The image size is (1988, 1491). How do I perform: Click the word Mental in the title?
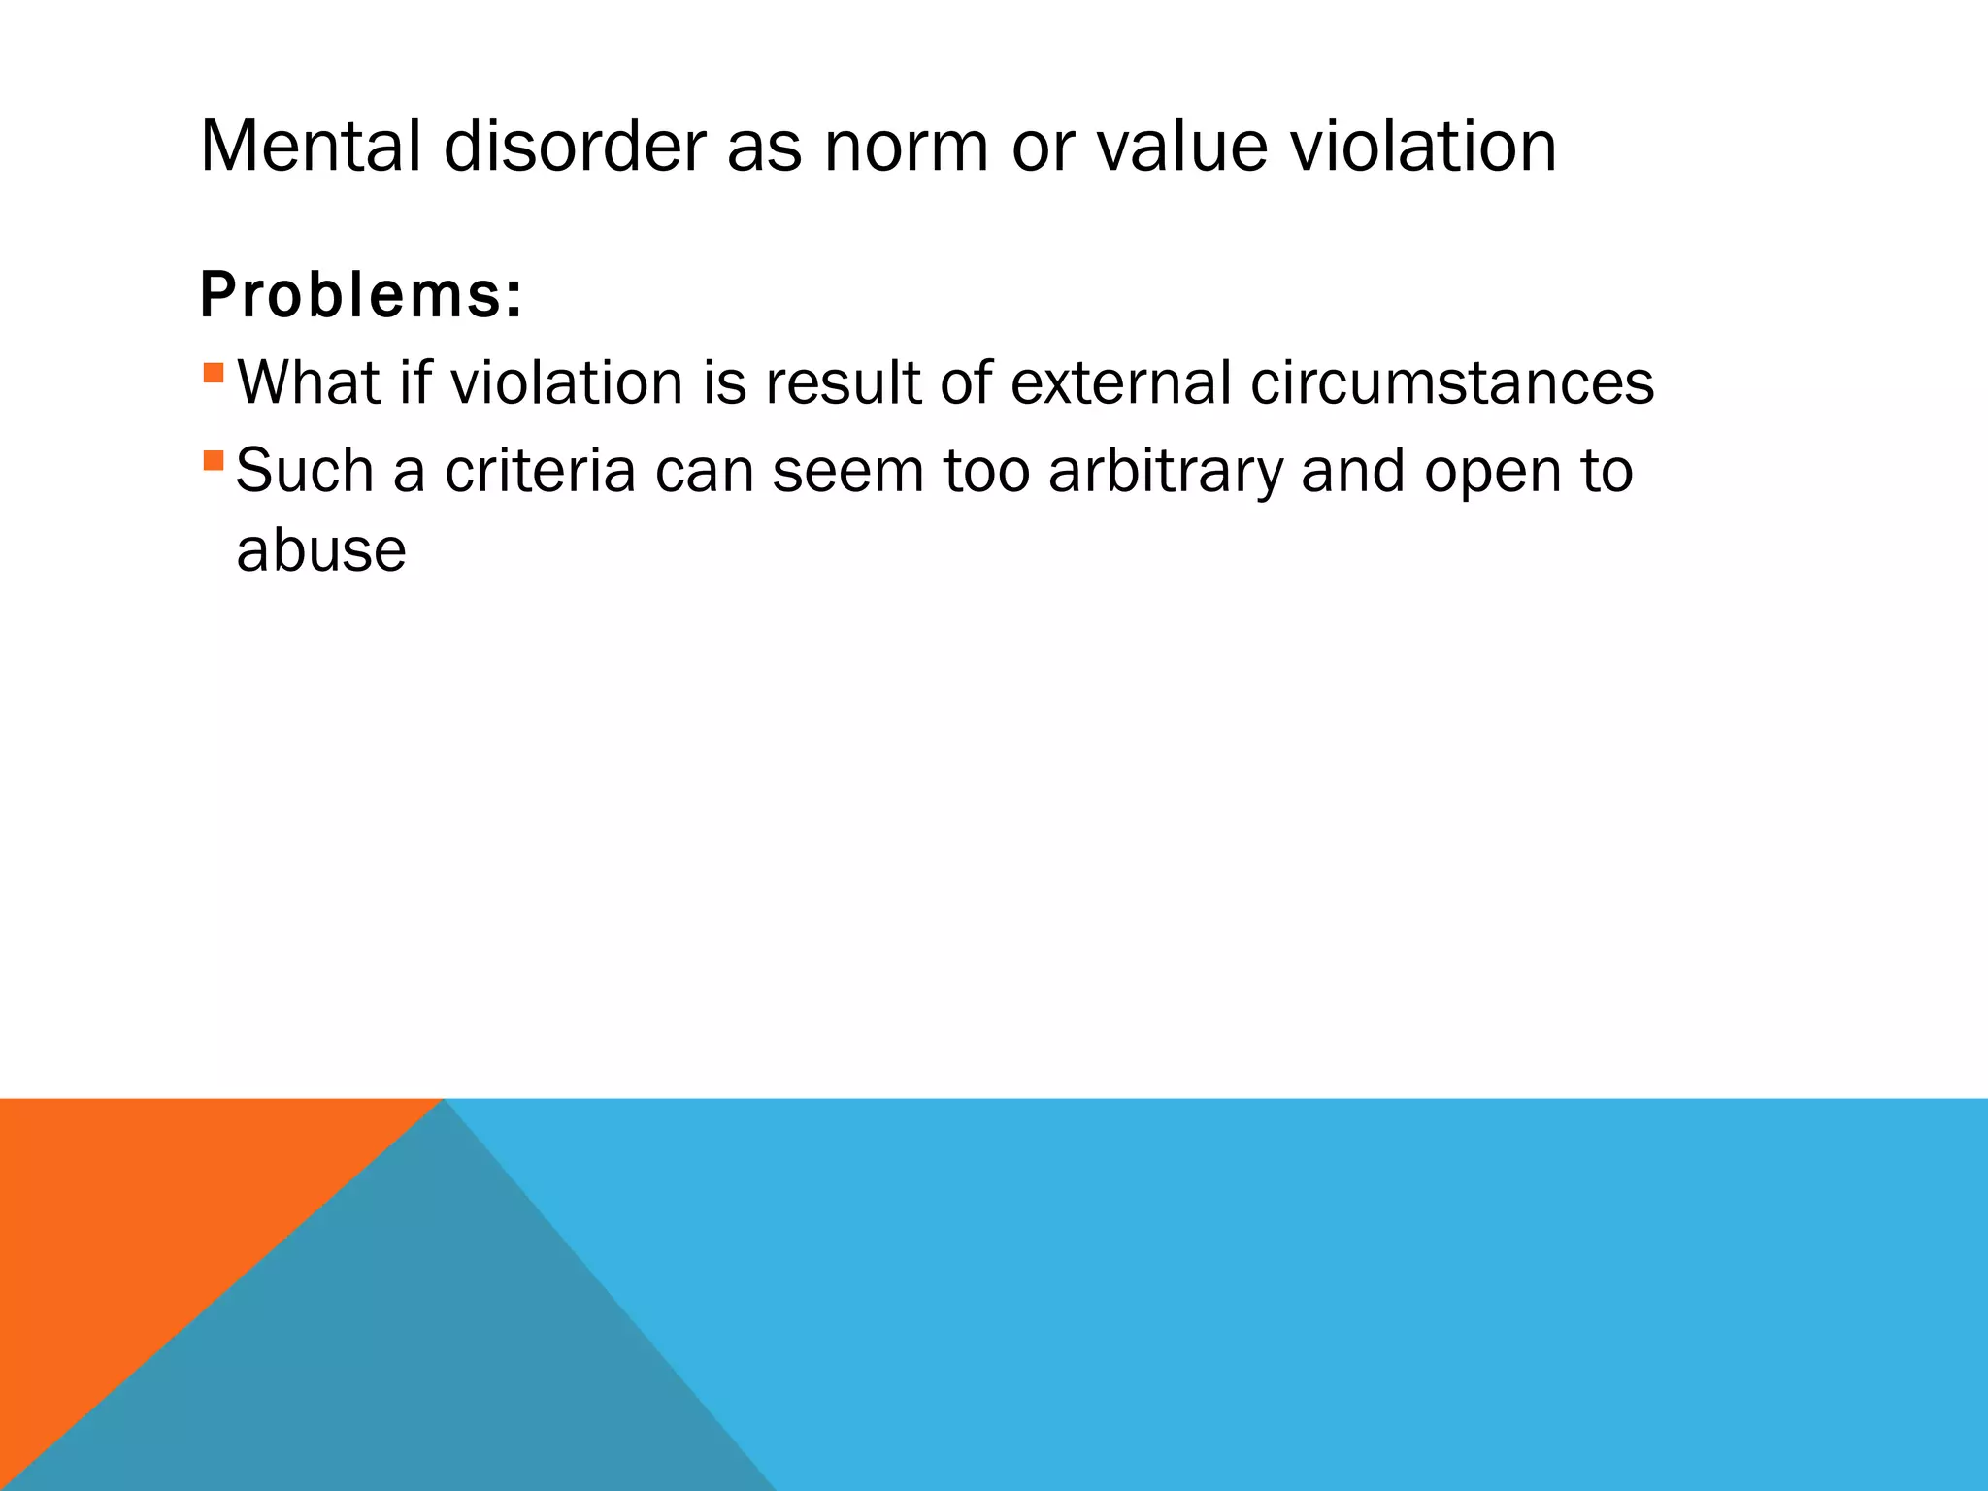click(x=311, y=148)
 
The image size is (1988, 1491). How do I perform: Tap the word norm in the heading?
click(x=907, y=148)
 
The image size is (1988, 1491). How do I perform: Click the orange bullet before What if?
click(x=215, y=373)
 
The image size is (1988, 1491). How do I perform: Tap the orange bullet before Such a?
click(x=215, y=460)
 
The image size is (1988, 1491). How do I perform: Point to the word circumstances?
click(x=1451, y=382)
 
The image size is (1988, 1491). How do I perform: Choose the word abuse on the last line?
click(x=321, y=550)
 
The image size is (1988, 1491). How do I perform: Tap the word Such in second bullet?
click(x=305, y=471)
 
